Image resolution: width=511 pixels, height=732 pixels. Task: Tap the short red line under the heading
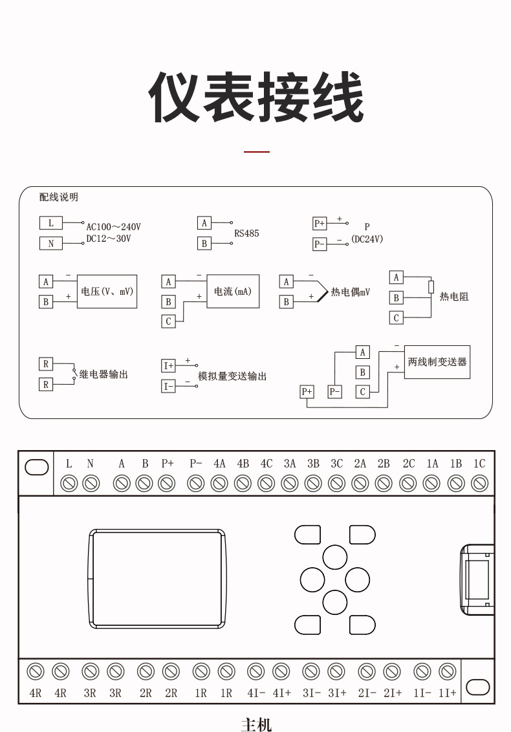(256, 151)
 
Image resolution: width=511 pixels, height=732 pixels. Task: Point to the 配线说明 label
(58, 197)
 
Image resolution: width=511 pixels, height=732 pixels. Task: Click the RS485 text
(246, 233)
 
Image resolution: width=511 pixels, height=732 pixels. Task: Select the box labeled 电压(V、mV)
(107, 292)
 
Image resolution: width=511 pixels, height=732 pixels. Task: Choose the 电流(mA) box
(233, 292)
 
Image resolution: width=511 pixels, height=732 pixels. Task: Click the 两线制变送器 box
(437, 361)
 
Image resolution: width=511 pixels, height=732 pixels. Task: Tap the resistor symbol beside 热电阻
(431, 286)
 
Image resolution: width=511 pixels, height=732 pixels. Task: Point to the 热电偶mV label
(351, 292)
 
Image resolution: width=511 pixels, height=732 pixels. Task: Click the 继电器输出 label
(103, 374)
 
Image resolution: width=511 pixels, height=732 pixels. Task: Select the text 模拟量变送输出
(232, 376)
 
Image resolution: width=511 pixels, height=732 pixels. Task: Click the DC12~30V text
(109, 239)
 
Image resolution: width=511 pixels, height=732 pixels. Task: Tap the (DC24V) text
(367, 239)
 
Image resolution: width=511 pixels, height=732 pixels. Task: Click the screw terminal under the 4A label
(219, 483)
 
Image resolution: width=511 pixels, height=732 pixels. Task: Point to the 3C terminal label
(336, 464)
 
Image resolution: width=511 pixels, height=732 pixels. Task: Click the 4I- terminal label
(256, 693)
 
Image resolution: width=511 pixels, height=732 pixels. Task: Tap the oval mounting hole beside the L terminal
(37, 468)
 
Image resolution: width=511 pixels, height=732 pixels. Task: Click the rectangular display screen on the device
(157, 579)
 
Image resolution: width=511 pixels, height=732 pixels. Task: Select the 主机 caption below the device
(256, 724)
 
